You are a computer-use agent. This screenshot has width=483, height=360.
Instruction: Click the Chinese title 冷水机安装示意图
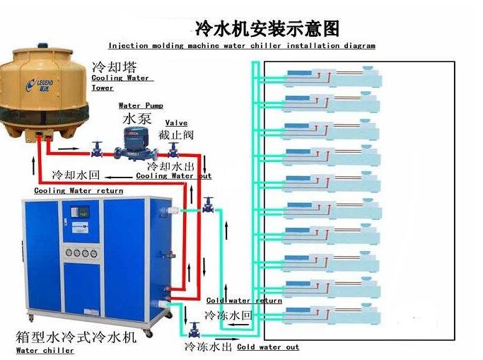pos(267,28)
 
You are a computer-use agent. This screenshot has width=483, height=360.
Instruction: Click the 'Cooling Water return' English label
pos(78,190)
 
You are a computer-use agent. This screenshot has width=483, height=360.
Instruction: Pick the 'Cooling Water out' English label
pos(173,176)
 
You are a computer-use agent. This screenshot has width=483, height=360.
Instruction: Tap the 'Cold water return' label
pos(244,301)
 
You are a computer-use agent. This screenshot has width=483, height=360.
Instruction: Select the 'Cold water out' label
pos(268,347)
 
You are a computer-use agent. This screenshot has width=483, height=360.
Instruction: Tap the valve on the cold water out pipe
pos(194,330)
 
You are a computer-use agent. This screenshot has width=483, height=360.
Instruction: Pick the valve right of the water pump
pos(173,149)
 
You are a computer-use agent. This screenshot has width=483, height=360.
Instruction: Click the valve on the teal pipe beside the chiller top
pos(207,205)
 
